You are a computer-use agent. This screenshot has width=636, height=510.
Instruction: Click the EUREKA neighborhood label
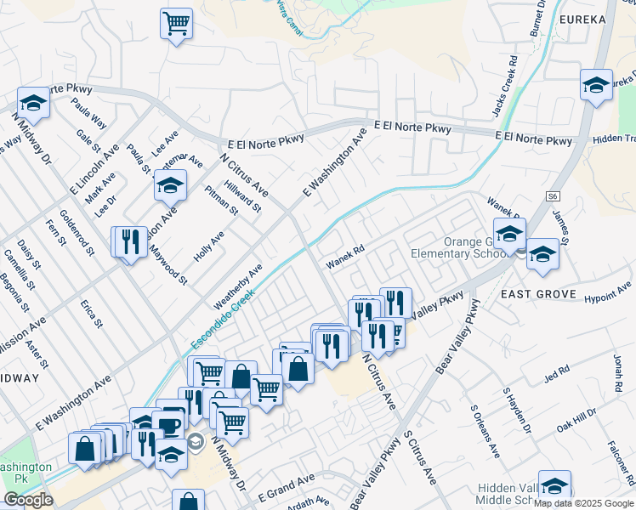582,20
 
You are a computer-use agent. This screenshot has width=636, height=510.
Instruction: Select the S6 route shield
553,196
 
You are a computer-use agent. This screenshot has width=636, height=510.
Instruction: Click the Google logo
28,500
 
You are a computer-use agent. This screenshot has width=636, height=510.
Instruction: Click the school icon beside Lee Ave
171,184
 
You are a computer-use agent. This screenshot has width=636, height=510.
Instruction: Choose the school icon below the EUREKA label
597,85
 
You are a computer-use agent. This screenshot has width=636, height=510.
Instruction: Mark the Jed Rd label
557,373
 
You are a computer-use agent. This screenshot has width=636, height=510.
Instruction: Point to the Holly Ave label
208,246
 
